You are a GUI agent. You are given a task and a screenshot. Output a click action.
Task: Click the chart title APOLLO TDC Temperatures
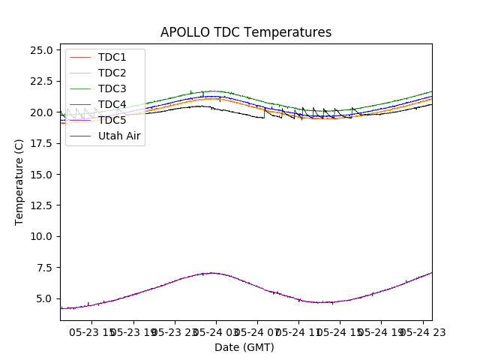click(x=245, y=32)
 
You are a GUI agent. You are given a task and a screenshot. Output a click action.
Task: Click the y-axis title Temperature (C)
click(x=19, y=182)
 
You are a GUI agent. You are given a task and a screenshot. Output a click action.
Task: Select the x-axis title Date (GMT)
click(x=244, y=347)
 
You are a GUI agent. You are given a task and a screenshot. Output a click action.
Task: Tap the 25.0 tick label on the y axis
click(x=42, y=50)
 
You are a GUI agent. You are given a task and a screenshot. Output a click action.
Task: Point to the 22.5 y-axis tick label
click(x=42, y=81)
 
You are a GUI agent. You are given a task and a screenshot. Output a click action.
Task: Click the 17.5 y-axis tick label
click(x=42, y=143)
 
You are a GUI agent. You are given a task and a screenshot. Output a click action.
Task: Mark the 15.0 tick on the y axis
click(x=42, y=174)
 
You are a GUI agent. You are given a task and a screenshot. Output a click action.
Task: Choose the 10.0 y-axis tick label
click(x=42, y=236)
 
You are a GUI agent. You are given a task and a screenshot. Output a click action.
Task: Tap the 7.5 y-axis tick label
click(x=45, y=267)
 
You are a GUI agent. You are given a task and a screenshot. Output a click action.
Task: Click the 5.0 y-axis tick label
click(x=45, y=298)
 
